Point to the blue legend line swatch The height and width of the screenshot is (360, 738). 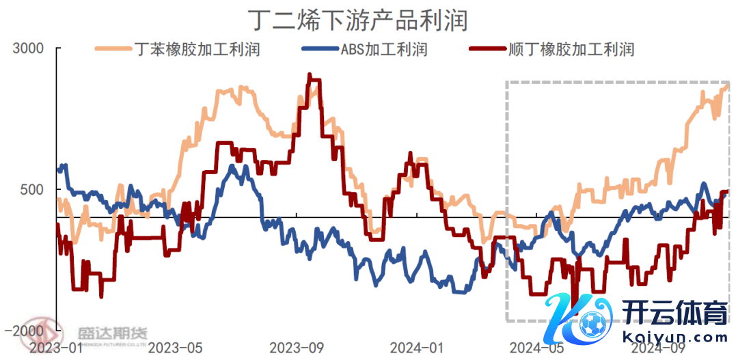(x=320, y=49)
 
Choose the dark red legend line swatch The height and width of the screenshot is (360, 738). (x=489, y=49)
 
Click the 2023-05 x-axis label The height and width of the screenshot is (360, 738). (x=176, y=348)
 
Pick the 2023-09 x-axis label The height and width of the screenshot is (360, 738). (x=297, y=348)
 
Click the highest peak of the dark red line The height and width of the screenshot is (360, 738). (x=310, y=75)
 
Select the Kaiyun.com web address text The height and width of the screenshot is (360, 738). (x=675, y=337)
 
